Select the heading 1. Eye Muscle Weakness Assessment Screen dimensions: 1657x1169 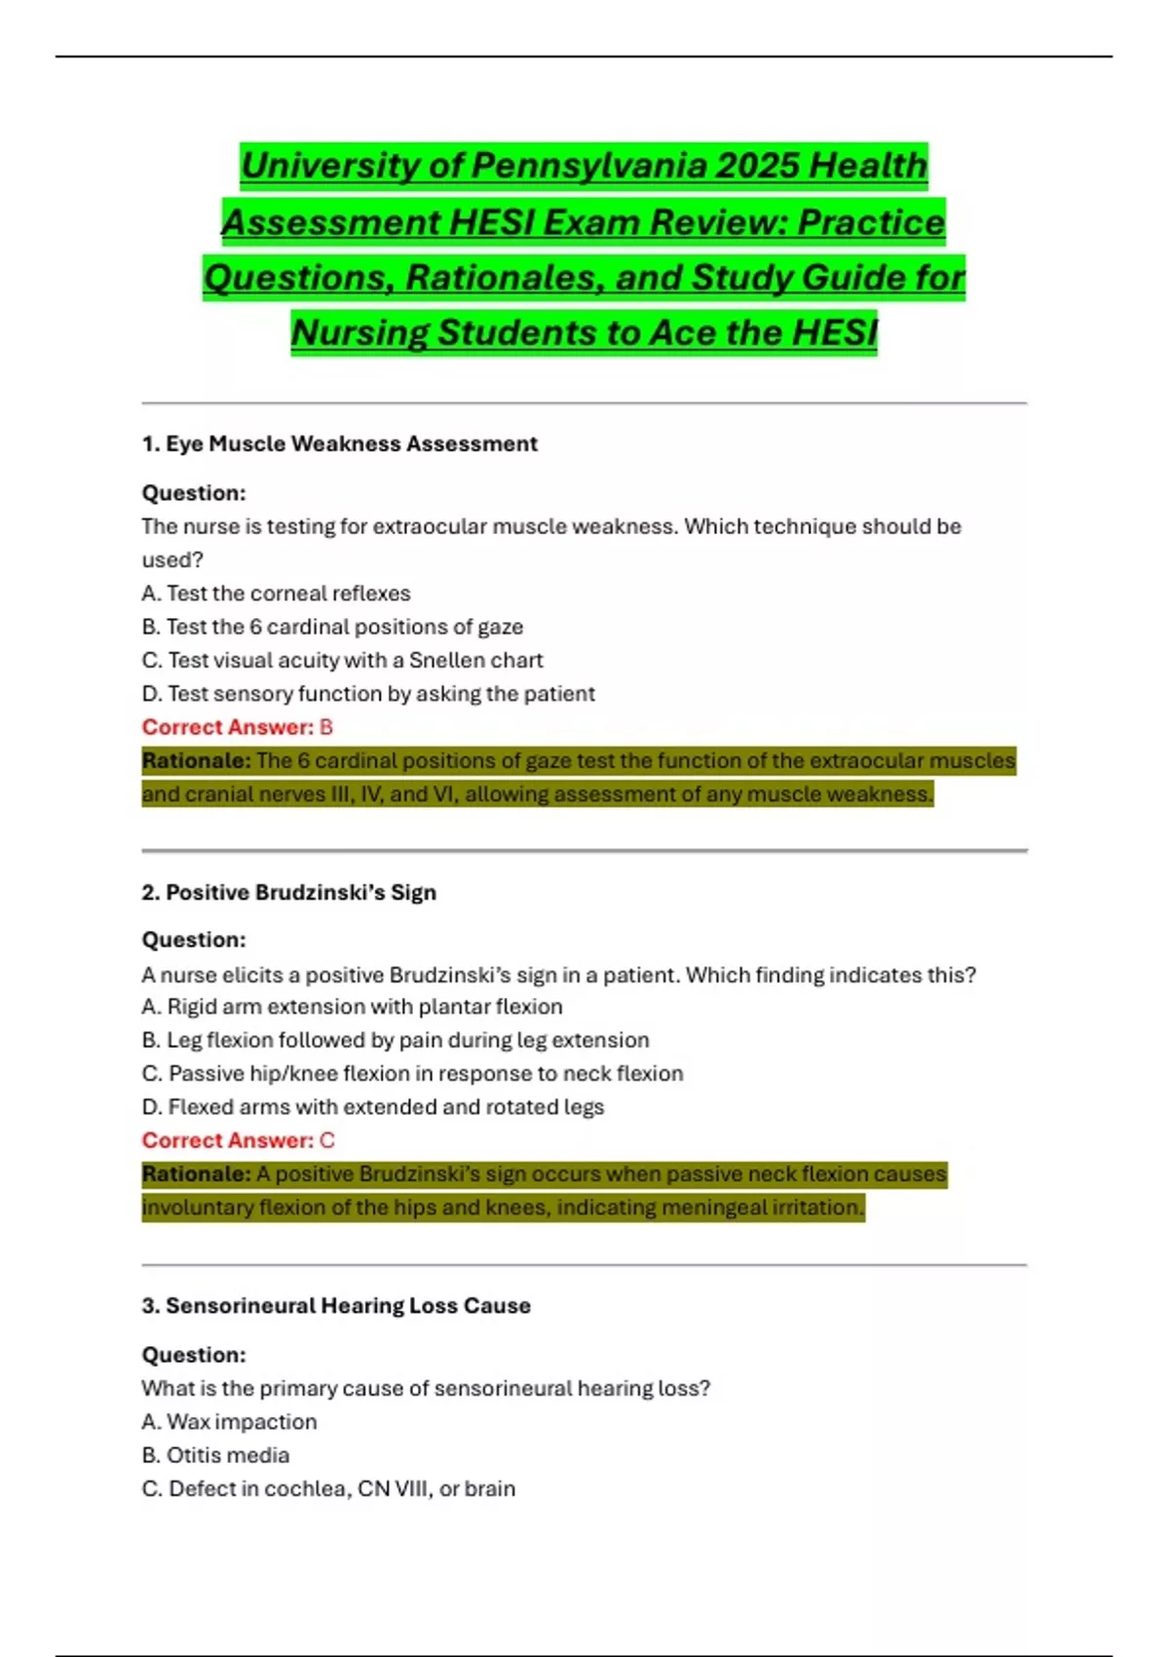339,444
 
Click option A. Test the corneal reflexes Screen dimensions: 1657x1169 276,594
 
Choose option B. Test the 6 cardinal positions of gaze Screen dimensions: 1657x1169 332,627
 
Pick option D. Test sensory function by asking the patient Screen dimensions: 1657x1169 367,694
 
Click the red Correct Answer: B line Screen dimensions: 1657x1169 237,727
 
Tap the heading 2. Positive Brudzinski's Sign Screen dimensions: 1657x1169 288,893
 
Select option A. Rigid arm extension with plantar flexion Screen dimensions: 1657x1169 352,1007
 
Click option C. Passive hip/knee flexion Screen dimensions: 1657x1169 412,1074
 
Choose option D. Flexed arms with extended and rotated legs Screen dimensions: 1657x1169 372,1107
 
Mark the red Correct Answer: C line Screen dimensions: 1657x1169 238,1140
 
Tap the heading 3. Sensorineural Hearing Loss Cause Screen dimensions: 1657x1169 336,1306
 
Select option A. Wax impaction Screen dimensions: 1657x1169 229,1422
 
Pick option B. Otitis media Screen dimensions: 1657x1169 215,1455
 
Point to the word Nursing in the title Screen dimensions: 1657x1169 359,333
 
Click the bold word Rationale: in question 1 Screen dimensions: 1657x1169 196,761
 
